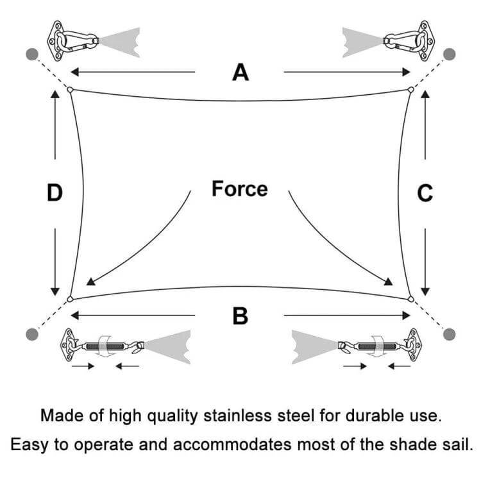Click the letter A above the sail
click(240, 72)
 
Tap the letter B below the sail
click(240, 316)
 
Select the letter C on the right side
click(425, 192)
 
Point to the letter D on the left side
click(55, 192)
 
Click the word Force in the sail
click(240, 189)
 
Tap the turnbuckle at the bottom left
click(106, 346)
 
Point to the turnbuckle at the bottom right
click(375, 346)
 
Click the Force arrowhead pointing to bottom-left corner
click(90, 280)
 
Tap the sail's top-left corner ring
click(71, 90)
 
